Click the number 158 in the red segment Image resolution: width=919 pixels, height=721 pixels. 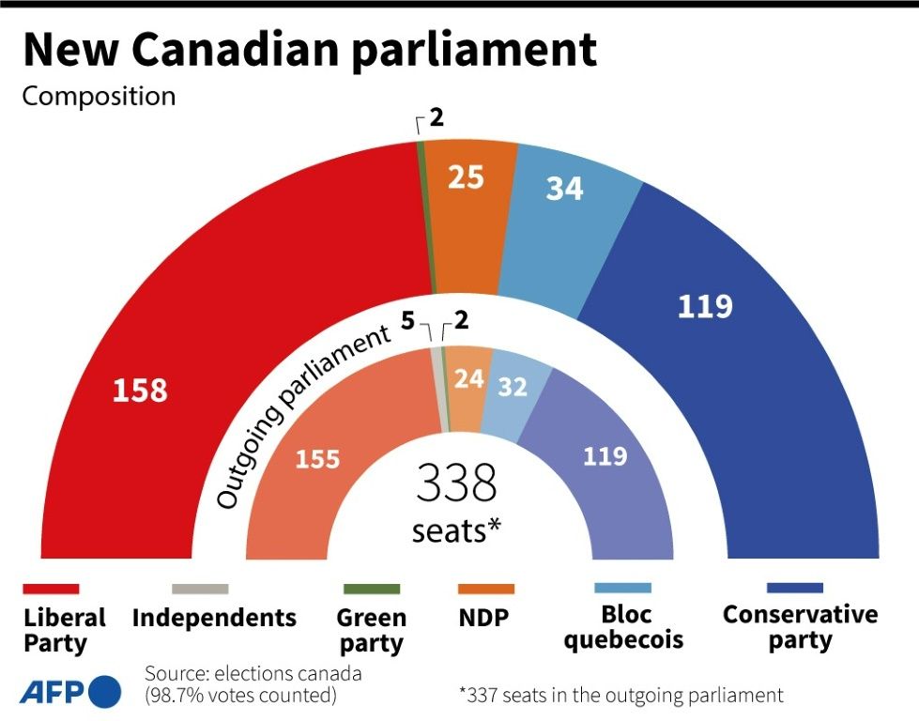(140, 390)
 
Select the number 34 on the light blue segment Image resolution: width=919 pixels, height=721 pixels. (564, 189)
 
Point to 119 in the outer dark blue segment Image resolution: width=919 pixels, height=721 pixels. (705, 306)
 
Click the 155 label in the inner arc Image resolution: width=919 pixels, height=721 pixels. (317, 460)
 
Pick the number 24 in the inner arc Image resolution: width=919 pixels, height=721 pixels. (468, 378)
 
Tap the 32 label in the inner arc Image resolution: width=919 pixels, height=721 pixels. (512, 387)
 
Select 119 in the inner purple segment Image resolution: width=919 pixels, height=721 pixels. (605, 456)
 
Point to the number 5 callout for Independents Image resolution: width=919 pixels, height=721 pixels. (407, 321)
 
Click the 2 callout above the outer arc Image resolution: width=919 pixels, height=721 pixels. (437, 118)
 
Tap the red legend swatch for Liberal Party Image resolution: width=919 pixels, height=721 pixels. (51, 589)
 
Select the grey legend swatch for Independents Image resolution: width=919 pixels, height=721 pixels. (199, 589)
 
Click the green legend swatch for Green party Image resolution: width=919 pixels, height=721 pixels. (372, 589)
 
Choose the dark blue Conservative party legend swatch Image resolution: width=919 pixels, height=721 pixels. (794, 589)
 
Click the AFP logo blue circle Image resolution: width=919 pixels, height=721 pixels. (105, 692)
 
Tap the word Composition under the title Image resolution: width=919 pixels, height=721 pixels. (99, 96)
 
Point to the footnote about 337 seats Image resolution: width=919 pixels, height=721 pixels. (620, 695)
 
